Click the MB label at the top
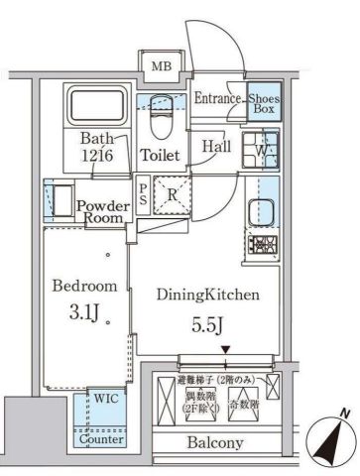click(160, 67)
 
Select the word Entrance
click(217, 98)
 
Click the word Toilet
click(160, 156)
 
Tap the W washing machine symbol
click(259, 151)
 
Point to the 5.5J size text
click(205, 323)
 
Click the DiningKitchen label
click(207, 294)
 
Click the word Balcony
click(217, 443)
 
